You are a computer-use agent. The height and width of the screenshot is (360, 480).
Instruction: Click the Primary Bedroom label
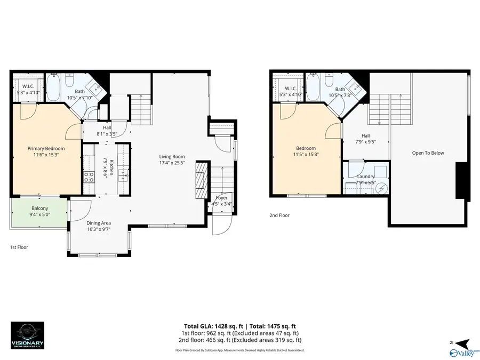click(x=46, y=148)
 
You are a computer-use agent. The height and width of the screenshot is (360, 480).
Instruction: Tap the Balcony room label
click(x=40, y=208)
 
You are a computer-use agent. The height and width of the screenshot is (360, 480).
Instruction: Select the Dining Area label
click(x=99, y=223)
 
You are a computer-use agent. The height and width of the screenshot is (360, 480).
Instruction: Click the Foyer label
click(x=221, y=198)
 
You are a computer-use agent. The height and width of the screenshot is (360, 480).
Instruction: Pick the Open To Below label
click(x=428, y=153)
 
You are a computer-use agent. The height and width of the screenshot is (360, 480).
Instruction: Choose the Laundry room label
click(x=366, y=177)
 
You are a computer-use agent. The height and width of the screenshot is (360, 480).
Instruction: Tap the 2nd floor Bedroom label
click(x=306, y=148)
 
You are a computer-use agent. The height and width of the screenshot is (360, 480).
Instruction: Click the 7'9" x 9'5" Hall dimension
click(x=366, y=142)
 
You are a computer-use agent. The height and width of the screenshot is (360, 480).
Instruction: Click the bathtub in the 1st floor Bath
click(x=53, y=88)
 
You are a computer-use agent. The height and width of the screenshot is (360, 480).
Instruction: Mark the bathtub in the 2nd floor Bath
click(x=314, y=88)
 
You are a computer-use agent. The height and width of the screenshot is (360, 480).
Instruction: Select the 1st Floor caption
click(x=19, y=247)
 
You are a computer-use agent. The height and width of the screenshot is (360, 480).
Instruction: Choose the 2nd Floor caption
click(x=279, y=216)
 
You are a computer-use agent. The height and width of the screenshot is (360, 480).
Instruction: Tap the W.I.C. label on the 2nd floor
click(x=290, y=89)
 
